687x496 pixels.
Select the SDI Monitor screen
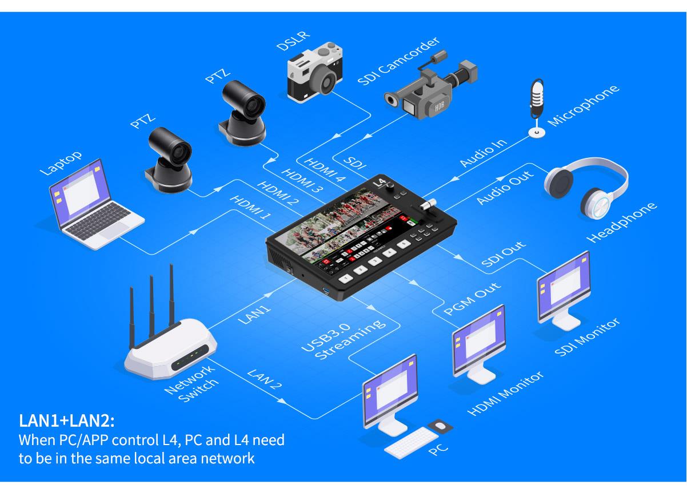pos(564,284)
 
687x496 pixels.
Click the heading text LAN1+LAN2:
pos(67,422)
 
